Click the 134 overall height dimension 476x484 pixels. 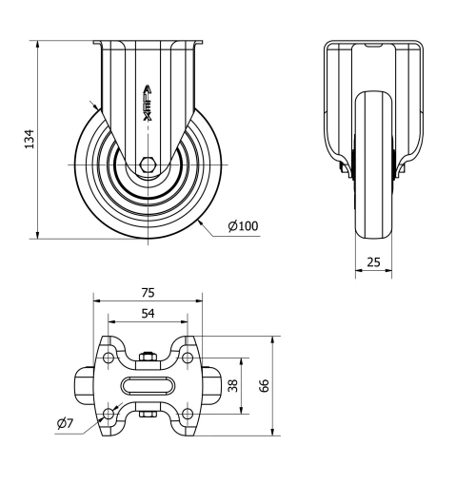pos(29,140)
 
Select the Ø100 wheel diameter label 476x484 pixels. pos(243,226)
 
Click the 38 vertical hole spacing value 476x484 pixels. pos(233,386)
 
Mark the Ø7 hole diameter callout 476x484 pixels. pos(65,423)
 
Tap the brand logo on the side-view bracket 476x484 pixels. pos(148,98)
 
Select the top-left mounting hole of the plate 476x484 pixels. pos(108,358)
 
